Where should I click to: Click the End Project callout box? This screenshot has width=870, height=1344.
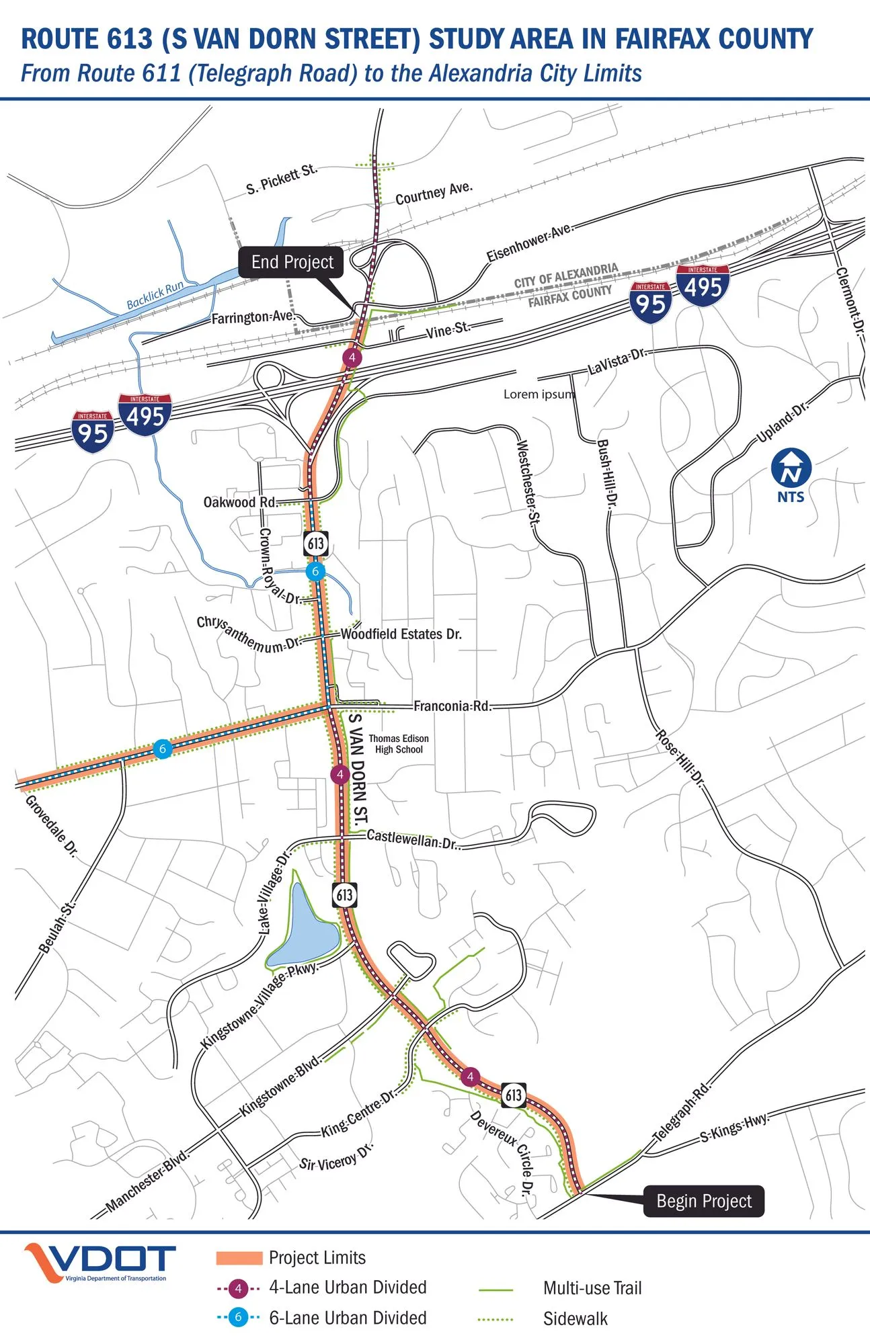coord(291,262)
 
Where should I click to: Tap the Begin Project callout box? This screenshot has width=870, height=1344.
coord(703,1201)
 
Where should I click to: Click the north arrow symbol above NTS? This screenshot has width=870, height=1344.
coord(791,468)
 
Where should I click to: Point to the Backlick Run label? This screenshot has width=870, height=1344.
coord(155,295)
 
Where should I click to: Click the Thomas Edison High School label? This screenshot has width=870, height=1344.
coord(399,744)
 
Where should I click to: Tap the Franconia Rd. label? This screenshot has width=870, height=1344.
coord(452,706)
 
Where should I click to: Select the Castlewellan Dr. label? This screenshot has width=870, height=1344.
coord(412,839)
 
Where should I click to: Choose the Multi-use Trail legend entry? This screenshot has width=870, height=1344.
coord(592,1288)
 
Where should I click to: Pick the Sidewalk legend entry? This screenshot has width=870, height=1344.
coord(575,1318)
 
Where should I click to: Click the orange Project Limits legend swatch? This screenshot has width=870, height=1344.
coord(239,1258)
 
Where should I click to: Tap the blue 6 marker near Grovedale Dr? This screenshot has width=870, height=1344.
coord(162,749)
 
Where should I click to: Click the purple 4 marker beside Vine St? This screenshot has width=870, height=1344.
coord(352,358)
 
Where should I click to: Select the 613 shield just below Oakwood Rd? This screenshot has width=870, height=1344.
coord(315,543)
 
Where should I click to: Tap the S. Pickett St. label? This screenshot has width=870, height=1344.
coord(282,179)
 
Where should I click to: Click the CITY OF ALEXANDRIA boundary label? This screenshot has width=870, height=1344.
coord(566,276)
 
